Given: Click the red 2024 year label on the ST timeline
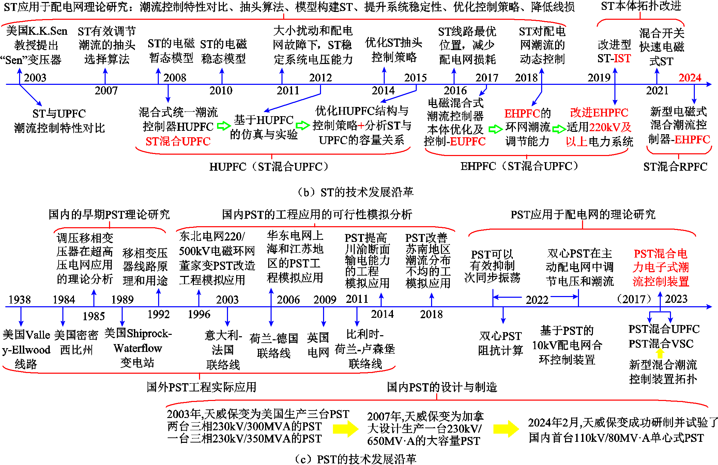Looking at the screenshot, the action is pos(690,78).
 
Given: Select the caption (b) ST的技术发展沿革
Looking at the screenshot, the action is pos(355,192).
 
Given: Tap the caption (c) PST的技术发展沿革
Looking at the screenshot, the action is pos(355,459).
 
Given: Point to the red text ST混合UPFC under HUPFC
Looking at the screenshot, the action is pos(178,141).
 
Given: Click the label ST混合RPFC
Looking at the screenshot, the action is pos(675,167).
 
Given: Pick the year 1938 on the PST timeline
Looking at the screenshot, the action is pos(19,299).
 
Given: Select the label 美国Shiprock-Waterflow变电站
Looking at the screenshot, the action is pos(138,348).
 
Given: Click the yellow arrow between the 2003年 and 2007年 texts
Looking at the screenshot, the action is pos(346,429).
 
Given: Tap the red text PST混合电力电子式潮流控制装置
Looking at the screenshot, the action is pos(661,268).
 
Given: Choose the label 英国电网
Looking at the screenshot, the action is pos(318,345).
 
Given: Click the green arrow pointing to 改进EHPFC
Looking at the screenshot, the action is pos(559,129).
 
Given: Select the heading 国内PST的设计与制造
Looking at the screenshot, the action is pos(442,387).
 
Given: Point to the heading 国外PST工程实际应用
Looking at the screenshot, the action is pos(201,387).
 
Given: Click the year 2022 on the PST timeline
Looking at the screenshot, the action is pos(537,300).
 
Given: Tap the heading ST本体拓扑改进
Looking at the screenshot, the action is pos(641,6).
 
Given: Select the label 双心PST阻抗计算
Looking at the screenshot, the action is pos(500,343).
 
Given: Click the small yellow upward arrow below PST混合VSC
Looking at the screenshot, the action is pos(660,353).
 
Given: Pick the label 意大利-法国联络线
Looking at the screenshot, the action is pos(223,350).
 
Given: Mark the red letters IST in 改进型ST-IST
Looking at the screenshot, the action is pos(622,59).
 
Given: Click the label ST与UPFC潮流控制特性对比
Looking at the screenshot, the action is pos(59,121).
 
